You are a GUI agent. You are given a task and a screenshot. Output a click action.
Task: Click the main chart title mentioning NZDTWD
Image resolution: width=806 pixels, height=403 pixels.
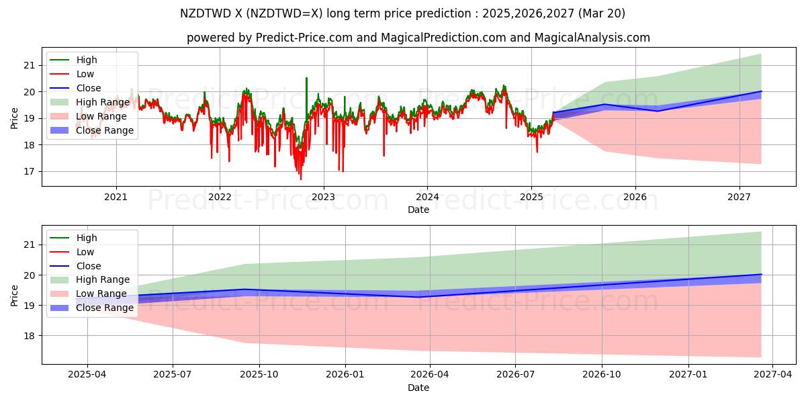[403, 13]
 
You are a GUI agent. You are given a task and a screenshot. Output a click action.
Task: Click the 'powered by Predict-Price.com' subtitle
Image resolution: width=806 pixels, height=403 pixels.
[418, 38]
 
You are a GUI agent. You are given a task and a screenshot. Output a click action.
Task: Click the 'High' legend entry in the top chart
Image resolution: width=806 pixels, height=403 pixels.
[87, 60]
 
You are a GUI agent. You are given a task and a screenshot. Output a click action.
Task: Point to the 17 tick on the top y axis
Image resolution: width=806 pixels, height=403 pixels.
[28, 172]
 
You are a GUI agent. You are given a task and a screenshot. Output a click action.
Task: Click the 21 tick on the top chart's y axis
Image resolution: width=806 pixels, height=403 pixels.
[28, 65]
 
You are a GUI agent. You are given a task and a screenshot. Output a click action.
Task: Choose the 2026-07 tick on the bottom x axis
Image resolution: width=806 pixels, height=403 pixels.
[515, 375]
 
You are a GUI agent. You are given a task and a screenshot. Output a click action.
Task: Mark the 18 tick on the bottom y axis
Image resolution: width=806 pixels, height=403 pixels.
[28, 336]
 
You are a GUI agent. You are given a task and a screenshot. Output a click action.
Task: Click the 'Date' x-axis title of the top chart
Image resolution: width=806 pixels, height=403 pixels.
[418, 210]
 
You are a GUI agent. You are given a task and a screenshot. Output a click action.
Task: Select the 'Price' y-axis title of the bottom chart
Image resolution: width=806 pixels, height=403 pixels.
[15, 295]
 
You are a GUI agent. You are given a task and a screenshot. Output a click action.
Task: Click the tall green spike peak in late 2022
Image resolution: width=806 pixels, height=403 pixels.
[307, 78]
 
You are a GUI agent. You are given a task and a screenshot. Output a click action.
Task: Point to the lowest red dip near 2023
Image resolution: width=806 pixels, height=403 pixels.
[300, 179]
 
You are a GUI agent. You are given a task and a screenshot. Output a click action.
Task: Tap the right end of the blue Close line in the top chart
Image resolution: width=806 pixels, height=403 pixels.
[761, 91]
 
